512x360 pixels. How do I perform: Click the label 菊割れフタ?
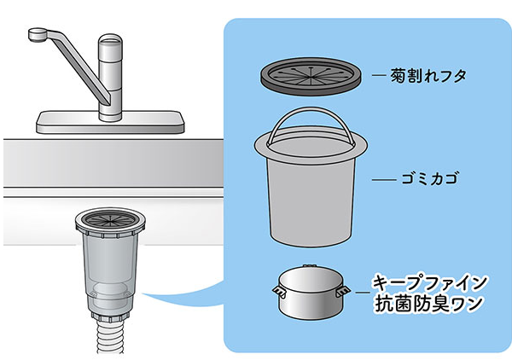[428, 76]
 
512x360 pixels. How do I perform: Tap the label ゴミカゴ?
[429, 179]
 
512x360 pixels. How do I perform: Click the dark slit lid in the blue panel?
[311, 77]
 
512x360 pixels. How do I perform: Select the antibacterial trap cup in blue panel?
[311, 293]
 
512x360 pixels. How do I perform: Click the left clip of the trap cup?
[279, 291]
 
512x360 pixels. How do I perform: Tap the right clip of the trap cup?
[342, 291]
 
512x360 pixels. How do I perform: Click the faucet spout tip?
[37, 35]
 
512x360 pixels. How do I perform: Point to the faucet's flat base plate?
[110, 122]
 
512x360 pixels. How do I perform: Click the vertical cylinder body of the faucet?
[110, 78]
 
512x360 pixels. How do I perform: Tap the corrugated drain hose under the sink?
[110, 336]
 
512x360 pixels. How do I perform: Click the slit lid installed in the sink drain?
[110, 218]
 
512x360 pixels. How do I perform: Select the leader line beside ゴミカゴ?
[384, 179]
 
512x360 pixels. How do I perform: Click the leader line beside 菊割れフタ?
[380, 75]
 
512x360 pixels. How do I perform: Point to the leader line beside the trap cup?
[363, 293]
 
